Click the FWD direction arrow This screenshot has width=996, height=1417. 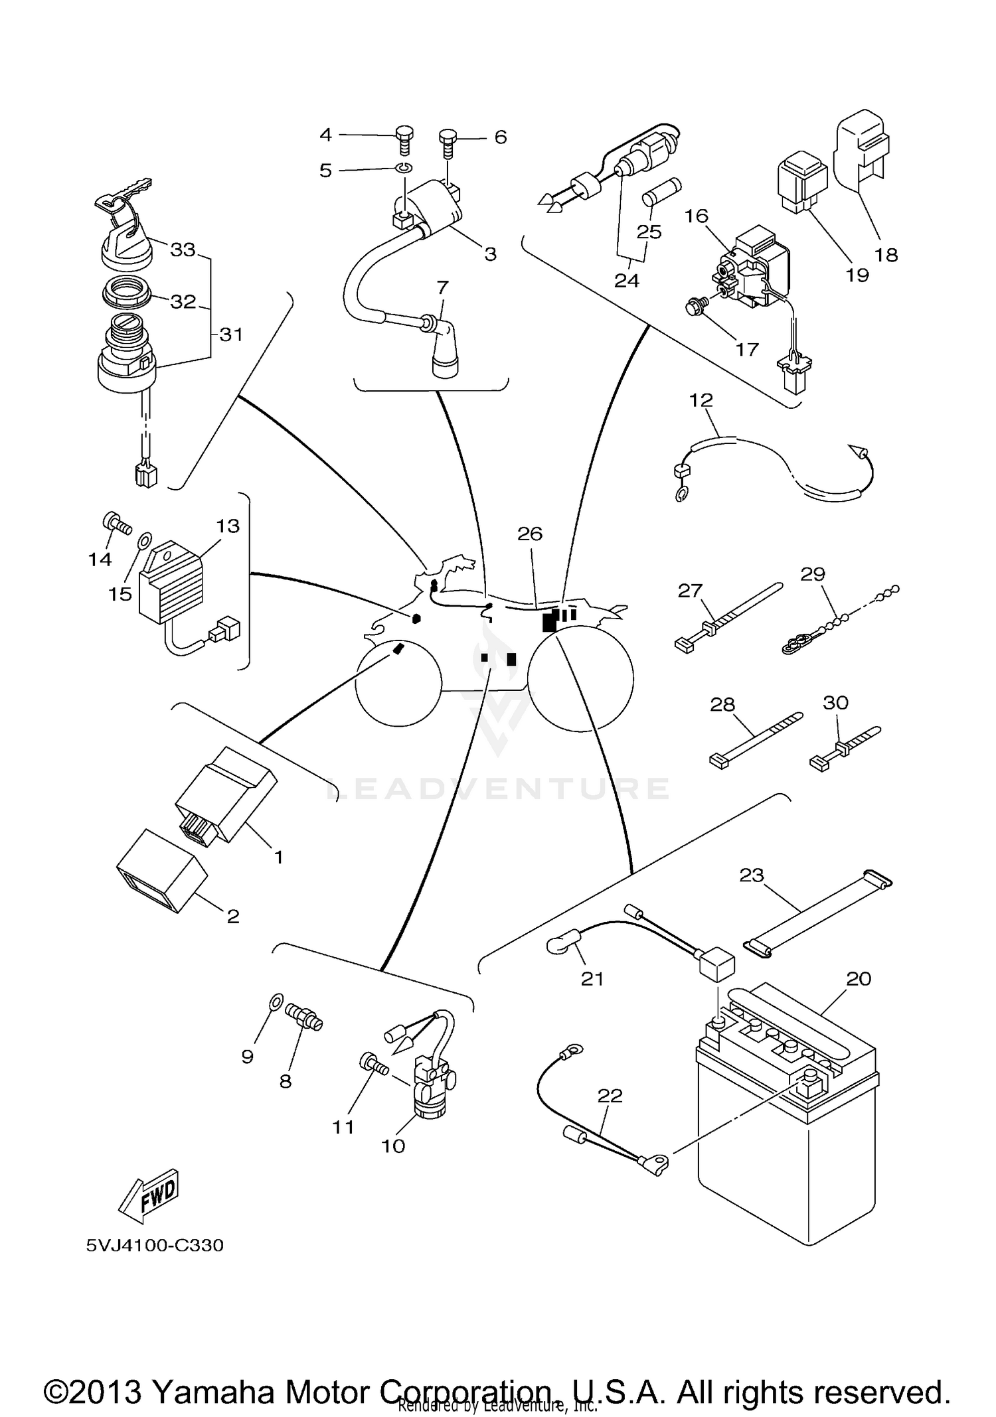(x=149, y=1195)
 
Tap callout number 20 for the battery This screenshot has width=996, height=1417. (x=858, y=978)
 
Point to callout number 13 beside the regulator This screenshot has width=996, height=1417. (x=227, y=526)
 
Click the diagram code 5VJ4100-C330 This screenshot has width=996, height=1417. (x=155, y=1245)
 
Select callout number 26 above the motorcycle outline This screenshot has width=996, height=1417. (x=530, y=534)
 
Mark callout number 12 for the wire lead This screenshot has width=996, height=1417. (x=701, y=400)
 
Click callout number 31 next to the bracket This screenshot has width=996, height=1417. (x=230, y=335)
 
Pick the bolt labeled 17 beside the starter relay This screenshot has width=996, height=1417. (x=696, y=306)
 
